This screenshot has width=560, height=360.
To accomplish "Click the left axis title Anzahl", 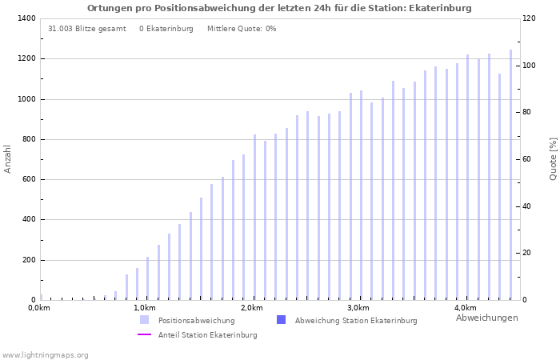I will pyautogui.click(x=8, y=158).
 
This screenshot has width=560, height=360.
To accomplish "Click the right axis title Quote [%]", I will pyautogui.click(x=553, y=158).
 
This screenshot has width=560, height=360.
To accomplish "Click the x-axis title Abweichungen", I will pyautogui.click(x=486, y=318).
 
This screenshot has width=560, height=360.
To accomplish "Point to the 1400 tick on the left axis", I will pyautogui.click(x=26, y=18).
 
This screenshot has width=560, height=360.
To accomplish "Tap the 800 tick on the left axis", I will pyautogui.click(x=28, y=139).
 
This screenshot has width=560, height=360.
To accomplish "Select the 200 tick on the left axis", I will pyautogui.click(x=28, y=260).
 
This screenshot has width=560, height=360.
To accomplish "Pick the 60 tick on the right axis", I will pyautogui.click(x=528, y=159).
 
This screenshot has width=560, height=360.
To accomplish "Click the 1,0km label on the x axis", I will pyautogui.click(x=144, y=308).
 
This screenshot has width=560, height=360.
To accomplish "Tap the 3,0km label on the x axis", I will pyautogui.click(x=358, y=308).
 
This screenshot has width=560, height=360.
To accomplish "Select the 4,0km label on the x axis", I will pyautogui.click(x=465, y=308).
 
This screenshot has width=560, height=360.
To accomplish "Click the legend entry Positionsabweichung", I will pyautogui.click(x=196, y=321).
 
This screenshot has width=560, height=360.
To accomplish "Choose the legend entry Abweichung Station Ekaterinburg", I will pyautogui.click(x=355, y=321).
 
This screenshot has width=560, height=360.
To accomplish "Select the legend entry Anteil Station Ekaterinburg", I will pyautogui.click(x=207, y=335).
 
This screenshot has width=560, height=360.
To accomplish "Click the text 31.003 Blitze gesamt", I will pyautogui.click(x=86, y=29).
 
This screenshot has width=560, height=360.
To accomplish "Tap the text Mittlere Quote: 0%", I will pyautogui.click(x=242, y=29).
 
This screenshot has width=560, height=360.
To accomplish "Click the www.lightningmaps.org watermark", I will pyautogui.click(x=45, y=355).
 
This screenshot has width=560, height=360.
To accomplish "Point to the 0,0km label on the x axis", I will pyautogui.click(x=38, y=308).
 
